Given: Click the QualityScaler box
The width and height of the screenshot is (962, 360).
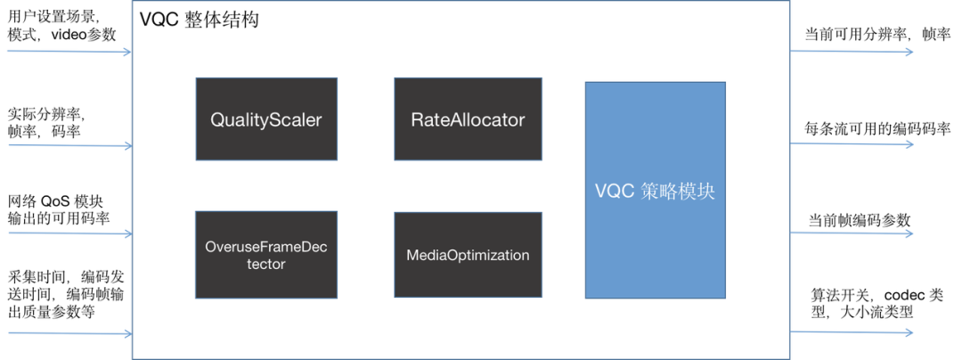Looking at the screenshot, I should click(x=266, y=143).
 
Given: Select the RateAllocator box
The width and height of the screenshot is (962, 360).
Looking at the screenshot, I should click(x=468, y=143).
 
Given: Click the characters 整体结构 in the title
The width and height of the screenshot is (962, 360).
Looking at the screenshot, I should click(x=222, y=20).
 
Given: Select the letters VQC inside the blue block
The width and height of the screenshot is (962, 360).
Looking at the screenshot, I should click(x=615, y=192).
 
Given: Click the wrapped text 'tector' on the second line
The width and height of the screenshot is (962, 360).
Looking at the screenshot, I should click(x=266, y=264).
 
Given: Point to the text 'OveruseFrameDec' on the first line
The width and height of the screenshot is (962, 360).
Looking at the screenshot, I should click(x=266, y=247).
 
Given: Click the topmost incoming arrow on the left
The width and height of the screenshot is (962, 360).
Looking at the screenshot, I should click(x=67, y=52).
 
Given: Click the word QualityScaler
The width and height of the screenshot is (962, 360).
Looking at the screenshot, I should click(x=266, y=119).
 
